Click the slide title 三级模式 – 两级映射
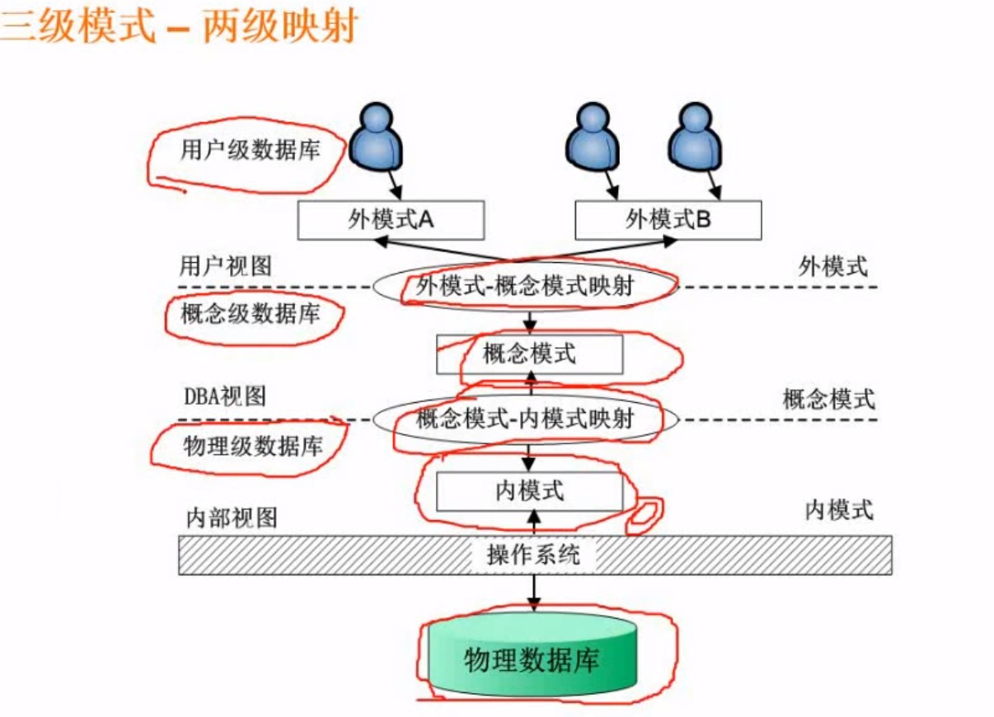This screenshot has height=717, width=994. [177, 26]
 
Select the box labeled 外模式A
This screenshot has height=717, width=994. [391, 220]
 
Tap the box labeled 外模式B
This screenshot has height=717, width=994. [668, 220]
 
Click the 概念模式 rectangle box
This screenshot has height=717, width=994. [529, 354]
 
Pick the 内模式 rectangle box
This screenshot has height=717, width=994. [529, 491]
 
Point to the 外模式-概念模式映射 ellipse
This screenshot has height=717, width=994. [526, 286]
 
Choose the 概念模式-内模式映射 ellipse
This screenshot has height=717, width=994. [526, 419]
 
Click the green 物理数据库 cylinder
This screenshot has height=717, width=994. [532, 659]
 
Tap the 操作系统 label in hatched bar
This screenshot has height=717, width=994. [533, 555]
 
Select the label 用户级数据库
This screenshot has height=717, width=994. [250, 151]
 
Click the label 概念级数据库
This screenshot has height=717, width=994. [250, 314]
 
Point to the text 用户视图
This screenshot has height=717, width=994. [225, 265]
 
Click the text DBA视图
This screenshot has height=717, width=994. [224, 396]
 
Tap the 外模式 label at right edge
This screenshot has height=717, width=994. [833, 265]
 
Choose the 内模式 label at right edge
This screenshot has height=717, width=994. [838, 510]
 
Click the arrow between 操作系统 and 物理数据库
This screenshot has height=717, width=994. [533, 592]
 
